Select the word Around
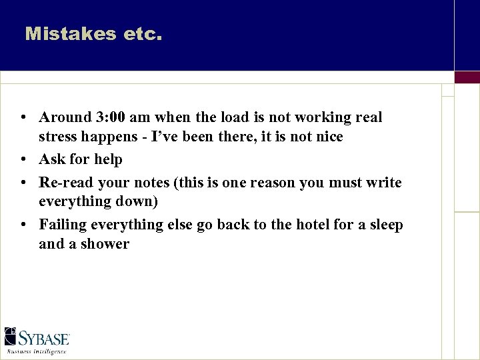pos(65,117)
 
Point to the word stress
pos(58,137)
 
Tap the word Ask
pos(52,160)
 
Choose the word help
pos(108,160)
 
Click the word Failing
pos(64,225)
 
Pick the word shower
pos(105,244)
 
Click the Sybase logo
pos(37,337)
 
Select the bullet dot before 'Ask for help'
pos(23,160)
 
